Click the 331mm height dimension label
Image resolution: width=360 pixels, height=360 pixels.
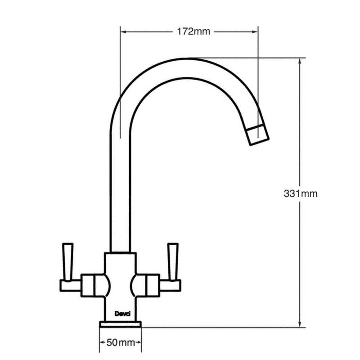click(x=301, y=194)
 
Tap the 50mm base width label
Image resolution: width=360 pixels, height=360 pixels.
click(x=121, y=343)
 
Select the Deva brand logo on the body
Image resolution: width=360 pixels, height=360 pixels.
click(x=121, y=315)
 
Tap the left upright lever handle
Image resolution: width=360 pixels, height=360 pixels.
click(x=68, y=261)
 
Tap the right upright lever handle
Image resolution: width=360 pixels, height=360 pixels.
click(x=172, y=261)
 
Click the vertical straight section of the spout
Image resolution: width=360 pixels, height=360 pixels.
click(x=120, y=189)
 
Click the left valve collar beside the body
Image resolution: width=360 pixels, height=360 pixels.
click(x=92, y=285)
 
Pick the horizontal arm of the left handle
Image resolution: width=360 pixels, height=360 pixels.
click(x=70, y=285)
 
